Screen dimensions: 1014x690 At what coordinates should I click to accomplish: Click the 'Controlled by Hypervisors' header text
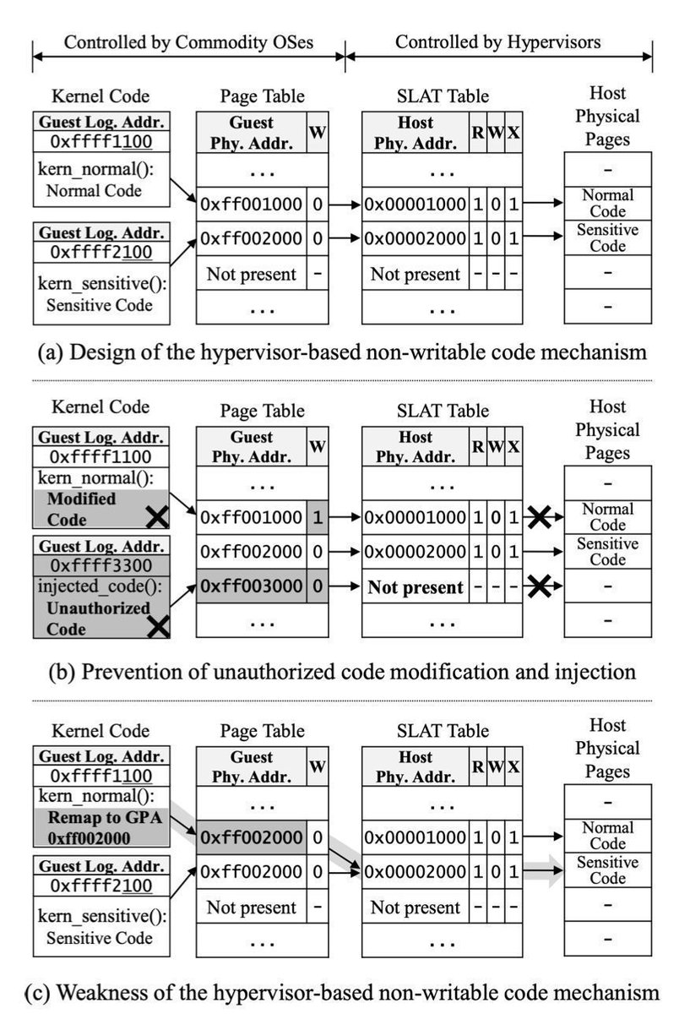(498, 41)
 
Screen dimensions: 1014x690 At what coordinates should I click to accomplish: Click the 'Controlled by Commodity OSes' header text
(188, 41)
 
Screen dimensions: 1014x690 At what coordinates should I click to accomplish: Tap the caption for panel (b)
(335, 672)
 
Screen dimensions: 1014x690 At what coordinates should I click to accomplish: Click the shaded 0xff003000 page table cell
(251, 586)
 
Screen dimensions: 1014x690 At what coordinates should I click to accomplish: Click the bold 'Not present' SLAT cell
(416, 586)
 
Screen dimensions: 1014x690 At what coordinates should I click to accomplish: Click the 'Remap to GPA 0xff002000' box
(100, 827)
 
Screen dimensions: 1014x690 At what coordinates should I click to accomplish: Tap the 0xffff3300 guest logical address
(100, 564)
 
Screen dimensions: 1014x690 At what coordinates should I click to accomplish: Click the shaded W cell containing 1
(317, 518)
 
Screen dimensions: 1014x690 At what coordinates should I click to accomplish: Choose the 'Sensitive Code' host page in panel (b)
(607, 552)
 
